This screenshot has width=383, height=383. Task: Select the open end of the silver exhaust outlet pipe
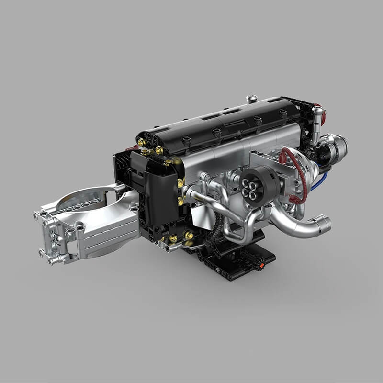324,223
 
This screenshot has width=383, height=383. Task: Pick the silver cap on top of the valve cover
251,99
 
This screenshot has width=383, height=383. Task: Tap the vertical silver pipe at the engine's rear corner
317,124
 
